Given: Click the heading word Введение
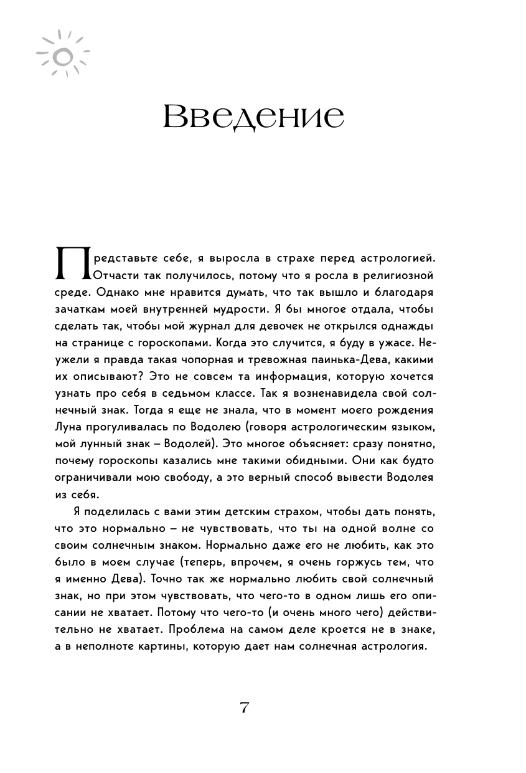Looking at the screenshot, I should pyautogui.click(x=253, y=117).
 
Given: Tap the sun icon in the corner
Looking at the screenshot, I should pyautogui.click(x=62, y=54).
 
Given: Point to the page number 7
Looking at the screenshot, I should pyautogui.click(x=244, y=708).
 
